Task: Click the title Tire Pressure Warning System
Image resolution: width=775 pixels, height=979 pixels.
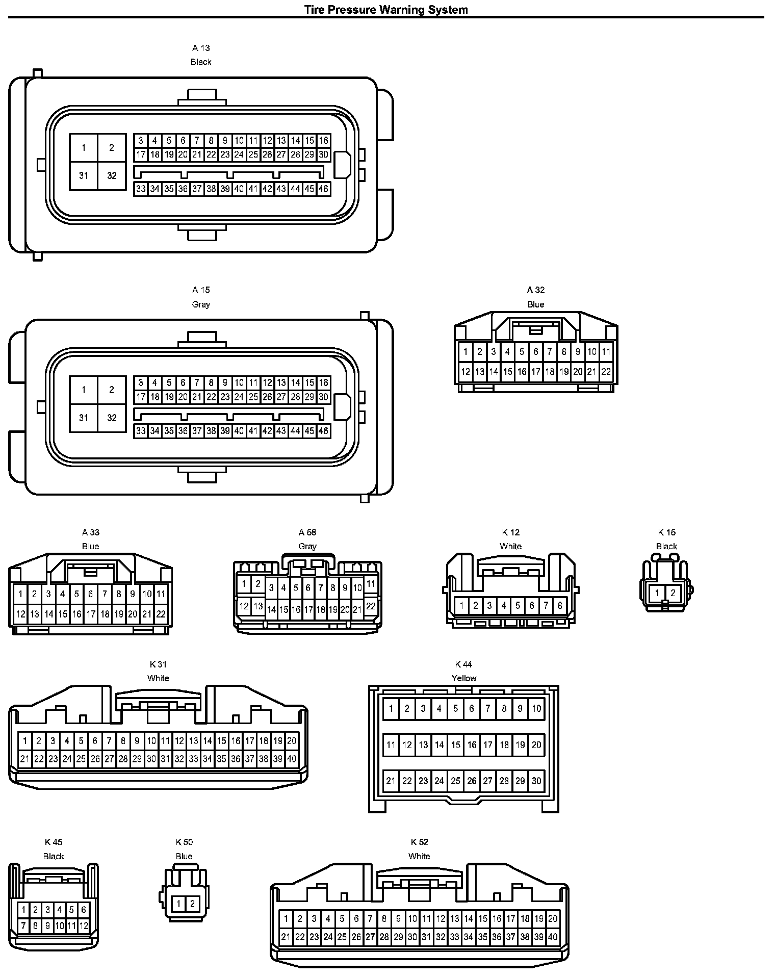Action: click(x=386, y=9)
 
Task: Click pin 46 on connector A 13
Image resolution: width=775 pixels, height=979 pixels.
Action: click(x=323, y=189)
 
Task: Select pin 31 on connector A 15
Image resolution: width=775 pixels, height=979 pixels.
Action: click(x=84, y=418)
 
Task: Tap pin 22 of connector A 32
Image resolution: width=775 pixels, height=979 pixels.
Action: click(x=606, y=372)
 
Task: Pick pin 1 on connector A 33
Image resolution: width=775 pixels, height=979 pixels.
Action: click(x=20, y=594)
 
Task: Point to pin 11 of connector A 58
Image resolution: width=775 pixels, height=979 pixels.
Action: click(x=371, y=584)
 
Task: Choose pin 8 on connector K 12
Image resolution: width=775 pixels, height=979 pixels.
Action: click(x=560, y=606)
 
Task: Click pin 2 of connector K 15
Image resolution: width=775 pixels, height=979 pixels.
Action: click(x=673, y=593)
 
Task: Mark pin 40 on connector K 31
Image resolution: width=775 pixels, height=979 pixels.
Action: click(x=292, y=759)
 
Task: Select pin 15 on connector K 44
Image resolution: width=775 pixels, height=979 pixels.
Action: click(x=456, y=745)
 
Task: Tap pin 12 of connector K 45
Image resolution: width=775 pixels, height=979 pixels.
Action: click(x=84, y=925)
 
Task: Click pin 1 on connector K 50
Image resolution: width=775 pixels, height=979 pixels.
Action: click(x=178, y=904)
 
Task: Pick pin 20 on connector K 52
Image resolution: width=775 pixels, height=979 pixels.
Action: click(x=553, y=919)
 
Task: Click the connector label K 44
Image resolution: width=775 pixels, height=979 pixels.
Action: click(x=463, y=664)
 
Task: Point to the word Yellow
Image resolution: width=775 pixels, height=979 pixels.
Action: click(x=463, y=678)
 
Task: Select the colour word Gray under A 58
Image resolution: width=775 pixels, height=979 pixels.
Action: click(x=307, y=546)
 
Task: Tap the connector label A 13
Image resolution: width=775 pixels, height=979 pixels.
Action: click(x=201, y=48)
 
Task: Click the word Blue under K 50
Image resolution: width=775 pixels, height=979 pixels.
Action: click(x=184, y=856)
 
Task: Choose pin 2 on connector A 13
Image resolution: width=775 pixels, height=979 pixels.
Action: click(x=112, y=148)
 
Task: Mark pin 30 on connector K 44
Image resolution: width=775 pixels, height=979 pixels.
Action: click(x=536, y=781)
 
